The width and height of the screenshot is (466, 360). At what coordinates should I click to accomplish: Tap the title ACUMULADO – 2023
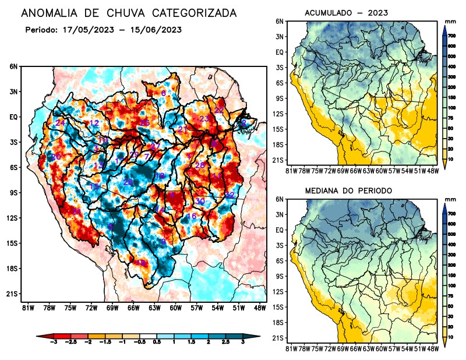pos(347,12)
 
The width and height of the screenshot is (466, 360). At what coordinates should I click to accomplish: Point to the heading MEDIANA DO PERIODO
pos(348,190)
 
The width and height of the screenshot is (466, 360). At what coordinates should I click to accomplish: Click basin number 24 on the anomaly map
pos(59,123)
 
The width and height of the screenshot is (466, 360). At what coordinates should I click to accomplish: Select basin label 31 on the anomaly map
pos(76,211)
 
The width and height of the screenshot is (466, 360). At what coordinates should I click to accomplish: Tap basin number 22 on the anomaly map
pos(219,110)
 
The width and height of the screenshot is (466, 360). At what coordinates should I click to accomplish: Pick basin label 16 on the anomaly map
pos(191,217)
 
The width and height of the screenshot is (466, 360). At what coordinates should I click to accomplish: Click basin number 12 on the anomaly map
pos(94,123)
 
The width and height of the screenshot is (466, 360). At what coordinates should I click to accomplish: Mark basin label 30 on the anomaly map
pos(200,202)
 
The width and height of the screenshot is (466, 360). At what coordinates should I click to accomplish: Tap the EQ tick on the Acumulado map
pos(280,52)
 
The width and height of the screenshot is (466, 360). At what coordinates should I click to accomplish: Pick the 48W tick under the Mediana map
pos(433,348)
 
